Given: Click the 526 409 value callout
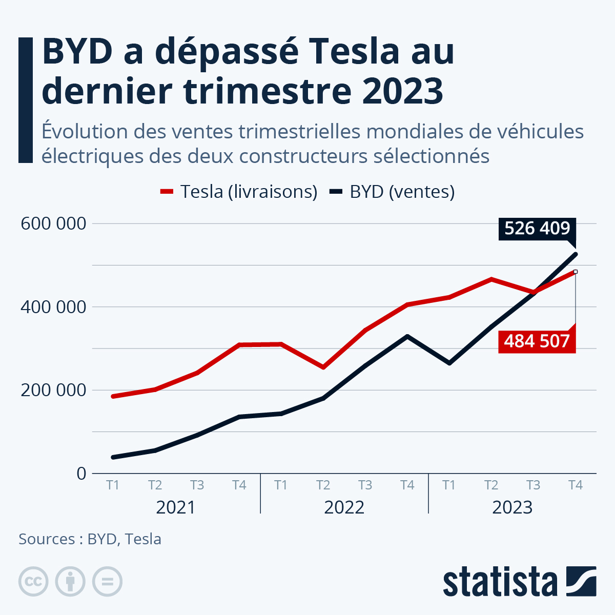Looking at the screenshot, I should tap(537, 229).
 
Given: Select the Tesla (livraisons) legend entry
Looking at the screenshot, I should tap(239, 192).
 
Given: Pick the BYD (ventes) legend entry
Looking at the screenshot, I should tap(393, 192).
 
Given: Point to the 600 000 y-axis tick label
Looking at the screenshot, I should tap(53, 224).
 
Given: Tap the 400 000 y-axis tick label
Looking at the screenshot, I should tap(53, 307).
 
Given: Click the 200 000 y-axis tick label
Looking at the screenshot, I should tap(53, 390).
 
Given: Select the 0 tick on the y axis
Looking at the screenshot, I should tap(81, 474).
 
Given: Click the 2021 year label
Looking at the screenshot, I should tap(176, 507).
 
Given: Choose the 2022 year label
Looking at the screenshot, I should tap(344, 507).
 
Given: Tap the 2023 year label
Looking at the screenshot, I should tap(512, 507).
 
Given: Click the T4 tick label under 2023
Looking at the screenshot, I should tap(576, 485).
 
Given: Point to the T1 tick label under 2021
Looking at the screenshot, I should tap(113, 485).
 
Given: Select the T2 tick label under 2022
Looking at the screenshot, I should tap(323, 485).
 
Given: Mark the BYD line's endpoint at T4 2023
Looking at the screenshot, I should tap(576, 254).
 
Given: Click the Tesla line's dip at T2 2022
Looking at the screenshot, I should tap(323, 367).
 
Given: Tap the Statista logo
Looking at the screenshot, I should tap(519, 582).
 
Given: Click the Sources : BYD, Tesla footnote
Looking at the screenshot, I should tap(90, 539).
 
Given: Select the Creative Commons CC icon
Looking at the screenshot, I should tap(33, 582).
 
